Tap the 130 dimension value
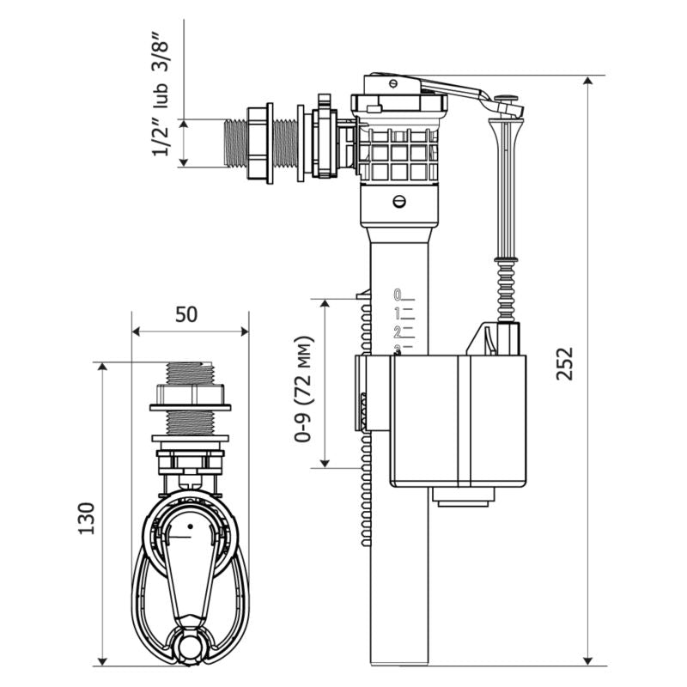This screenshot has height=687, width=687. click(86, 516)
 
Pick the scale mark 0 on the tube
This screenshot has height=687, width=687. click(397, 294)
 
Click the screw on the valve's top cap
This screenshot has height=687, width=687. click(392, 84)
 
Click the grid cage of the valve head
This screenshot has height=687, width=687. click(400, 155)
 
